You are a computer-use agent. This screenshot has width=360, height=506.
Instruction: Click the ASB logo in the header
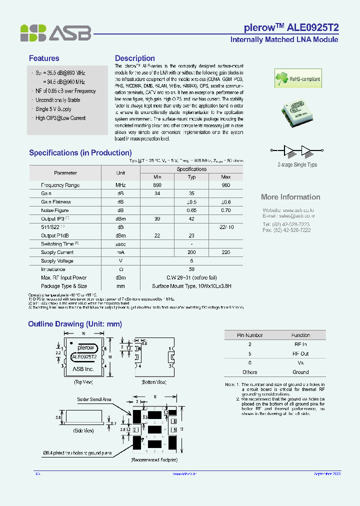55,33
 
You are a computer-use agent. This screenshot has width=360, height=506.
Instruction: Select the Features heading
44,58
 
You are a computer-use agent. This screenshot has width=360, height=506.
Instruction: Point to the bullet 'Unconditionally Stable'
57,100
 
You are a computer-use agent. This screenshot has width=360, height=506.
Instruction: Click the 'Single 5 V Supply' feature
53,109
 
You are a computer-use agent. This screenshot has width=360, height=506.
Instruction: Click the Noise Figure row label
54,210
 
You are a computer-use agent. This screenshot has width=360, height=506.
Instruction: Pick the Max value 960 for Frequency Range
225,185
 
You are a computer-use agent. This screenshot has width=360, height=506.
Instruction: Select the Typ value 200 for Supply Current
191,252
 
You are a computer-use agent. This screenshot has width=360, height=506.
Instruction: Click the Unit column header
120,173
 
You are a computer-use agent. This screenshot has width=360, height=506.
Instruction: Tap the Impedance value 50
191,269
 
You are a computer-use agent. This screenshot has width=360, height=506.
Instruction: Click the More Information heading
290,197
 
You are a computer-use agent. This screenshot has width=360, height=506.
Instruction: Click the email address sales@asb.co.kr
288,216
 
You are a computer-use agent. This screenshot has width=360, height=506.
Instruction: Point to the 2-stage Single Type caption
297,164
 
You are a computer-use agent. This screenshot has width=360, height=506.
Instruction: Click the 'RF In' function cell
300,344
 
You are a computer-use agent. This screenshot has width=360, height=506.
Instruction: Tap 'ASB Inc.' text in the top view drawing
83,369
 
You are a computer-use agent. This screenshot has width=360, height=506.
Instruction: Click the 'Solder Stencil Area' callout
94,399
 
